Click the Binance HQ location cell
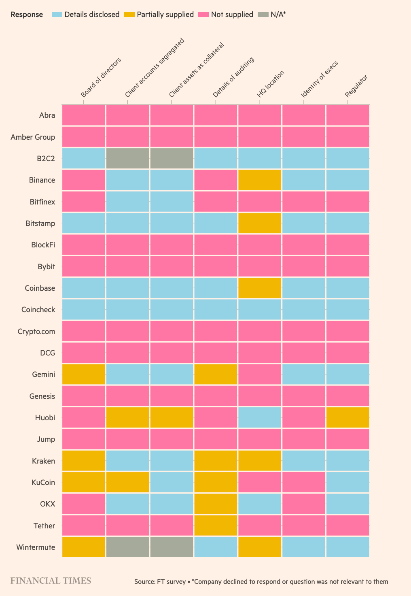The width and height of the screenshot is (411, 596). point(260,180)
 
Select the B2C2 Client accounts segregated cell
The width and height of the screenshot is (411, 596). point(127,158)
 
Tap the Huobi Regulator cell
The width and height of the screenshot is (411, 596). point(347,417)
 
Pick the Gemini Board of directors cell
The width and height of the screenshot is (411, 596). point(84,374)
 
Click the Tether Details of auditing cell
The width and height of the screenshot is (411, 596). point(216,526)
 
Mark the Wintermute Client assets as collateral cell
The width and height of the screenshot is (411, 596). point(172,547)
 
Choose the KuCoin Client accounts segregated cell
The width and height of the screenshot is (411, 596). point(127,482)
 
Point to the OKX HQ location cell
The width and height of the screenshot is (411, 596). point(260,504)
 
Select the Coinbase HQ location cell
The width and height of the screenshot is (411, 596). point(260,288)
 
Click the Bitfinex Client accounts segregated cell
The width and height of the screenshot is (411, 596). point(127,201)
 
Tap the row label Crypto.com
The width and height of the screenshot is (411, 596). point(36,331)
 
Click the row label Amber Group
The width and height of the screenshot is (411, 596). point(33,137)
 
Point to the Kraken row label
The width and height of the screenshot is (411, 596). point(43,461)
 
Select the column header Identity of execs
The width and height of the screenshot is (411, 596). point(319,79)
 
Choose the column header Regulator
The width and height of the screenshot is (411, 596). point(356,86)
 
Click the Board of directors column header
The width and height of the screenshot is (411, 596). point(101,78)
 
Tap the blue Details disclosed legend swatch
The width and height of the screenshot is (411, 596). point(57,15)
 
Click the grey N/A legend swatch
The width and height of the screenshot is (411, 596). point(263,15)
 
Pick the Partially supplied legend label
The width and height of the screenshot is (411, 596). point(165,15)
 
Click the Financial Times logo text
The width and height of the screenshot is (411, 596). point(51,581)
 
